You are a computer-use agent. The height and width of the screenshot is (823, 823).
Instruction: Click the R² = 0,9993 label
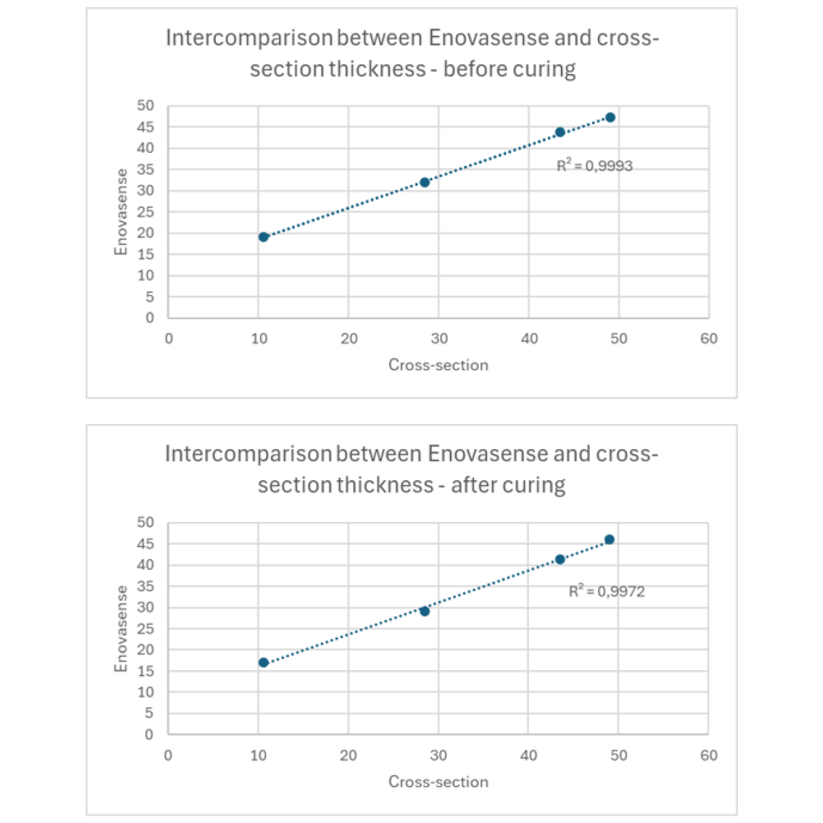coord(595,166)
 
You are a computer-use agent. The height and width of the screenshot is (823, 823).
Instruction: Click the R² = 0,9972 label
coord(607,591)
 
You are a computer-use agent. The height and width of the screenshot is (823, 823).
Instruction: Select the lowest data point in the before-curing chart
coord(263,237)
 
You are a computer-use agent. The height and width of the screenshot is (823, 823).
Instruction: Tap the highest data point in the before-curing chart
coord(610,117)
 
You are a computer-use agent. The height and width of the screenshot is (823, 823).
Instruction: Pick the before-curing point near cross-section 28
coord(425,182)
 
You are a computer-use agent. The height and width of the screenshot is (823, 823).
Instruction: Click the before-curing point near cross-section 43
coord(560,132)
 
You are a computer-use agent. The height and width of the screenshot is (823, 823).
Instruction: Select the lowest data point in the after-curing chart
coord(263,663)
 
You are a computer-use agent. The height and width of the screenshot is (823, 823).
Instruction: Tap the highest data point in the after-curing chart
coord(610,539)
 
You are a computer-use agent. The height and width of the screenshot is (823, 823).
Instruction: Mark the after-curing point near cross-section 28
coord(425,611)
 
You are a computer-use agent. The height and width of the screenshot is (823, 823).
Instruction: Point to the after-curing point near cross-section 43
coord(560,559)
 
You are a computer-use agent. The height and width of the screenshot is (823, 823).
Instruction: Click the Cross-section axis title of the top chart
coord(438,365)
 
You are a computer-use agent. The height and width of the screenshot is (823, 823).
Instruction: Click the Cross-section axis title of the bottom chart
coord(438,782)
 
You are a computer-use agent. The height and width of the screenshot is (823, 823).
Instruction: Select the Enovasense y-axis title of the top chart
coord(121,212)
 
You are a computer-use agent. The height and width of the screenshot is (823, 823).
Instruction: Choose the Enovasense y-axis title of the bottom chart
coord(121,629)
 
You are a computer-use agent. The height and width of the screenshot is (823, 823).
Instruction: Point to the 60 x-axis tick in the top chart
coord(709,339)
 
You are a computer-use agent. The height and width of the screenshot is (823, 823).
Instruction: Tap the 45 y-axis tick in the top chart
coord(146,127)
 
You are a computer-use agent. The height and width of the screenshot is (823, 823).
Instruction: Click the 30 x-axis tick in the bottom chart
coord(438,756)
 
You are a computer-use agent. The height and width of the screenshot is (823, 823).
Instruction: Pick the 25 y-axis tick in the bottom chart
coord(146,629)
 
